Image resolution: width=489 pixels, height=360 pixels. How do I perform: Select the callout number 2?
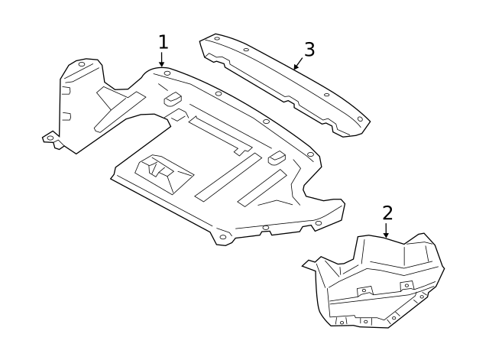point(387,212)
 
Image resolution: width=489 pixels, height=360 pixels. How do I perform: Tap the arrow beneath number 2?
point(387,231)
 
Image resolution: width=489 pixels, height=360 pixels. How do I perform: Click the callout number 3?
point(309,50)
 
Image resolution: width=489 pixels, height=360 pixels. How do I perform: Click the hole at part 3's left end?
point(217,37)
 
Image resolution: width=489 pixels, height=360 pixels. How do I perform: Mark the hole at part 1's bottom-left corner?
point(222,237)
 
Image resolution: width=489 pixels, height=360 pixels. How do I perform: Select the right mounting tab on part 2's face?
point(406,285)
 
